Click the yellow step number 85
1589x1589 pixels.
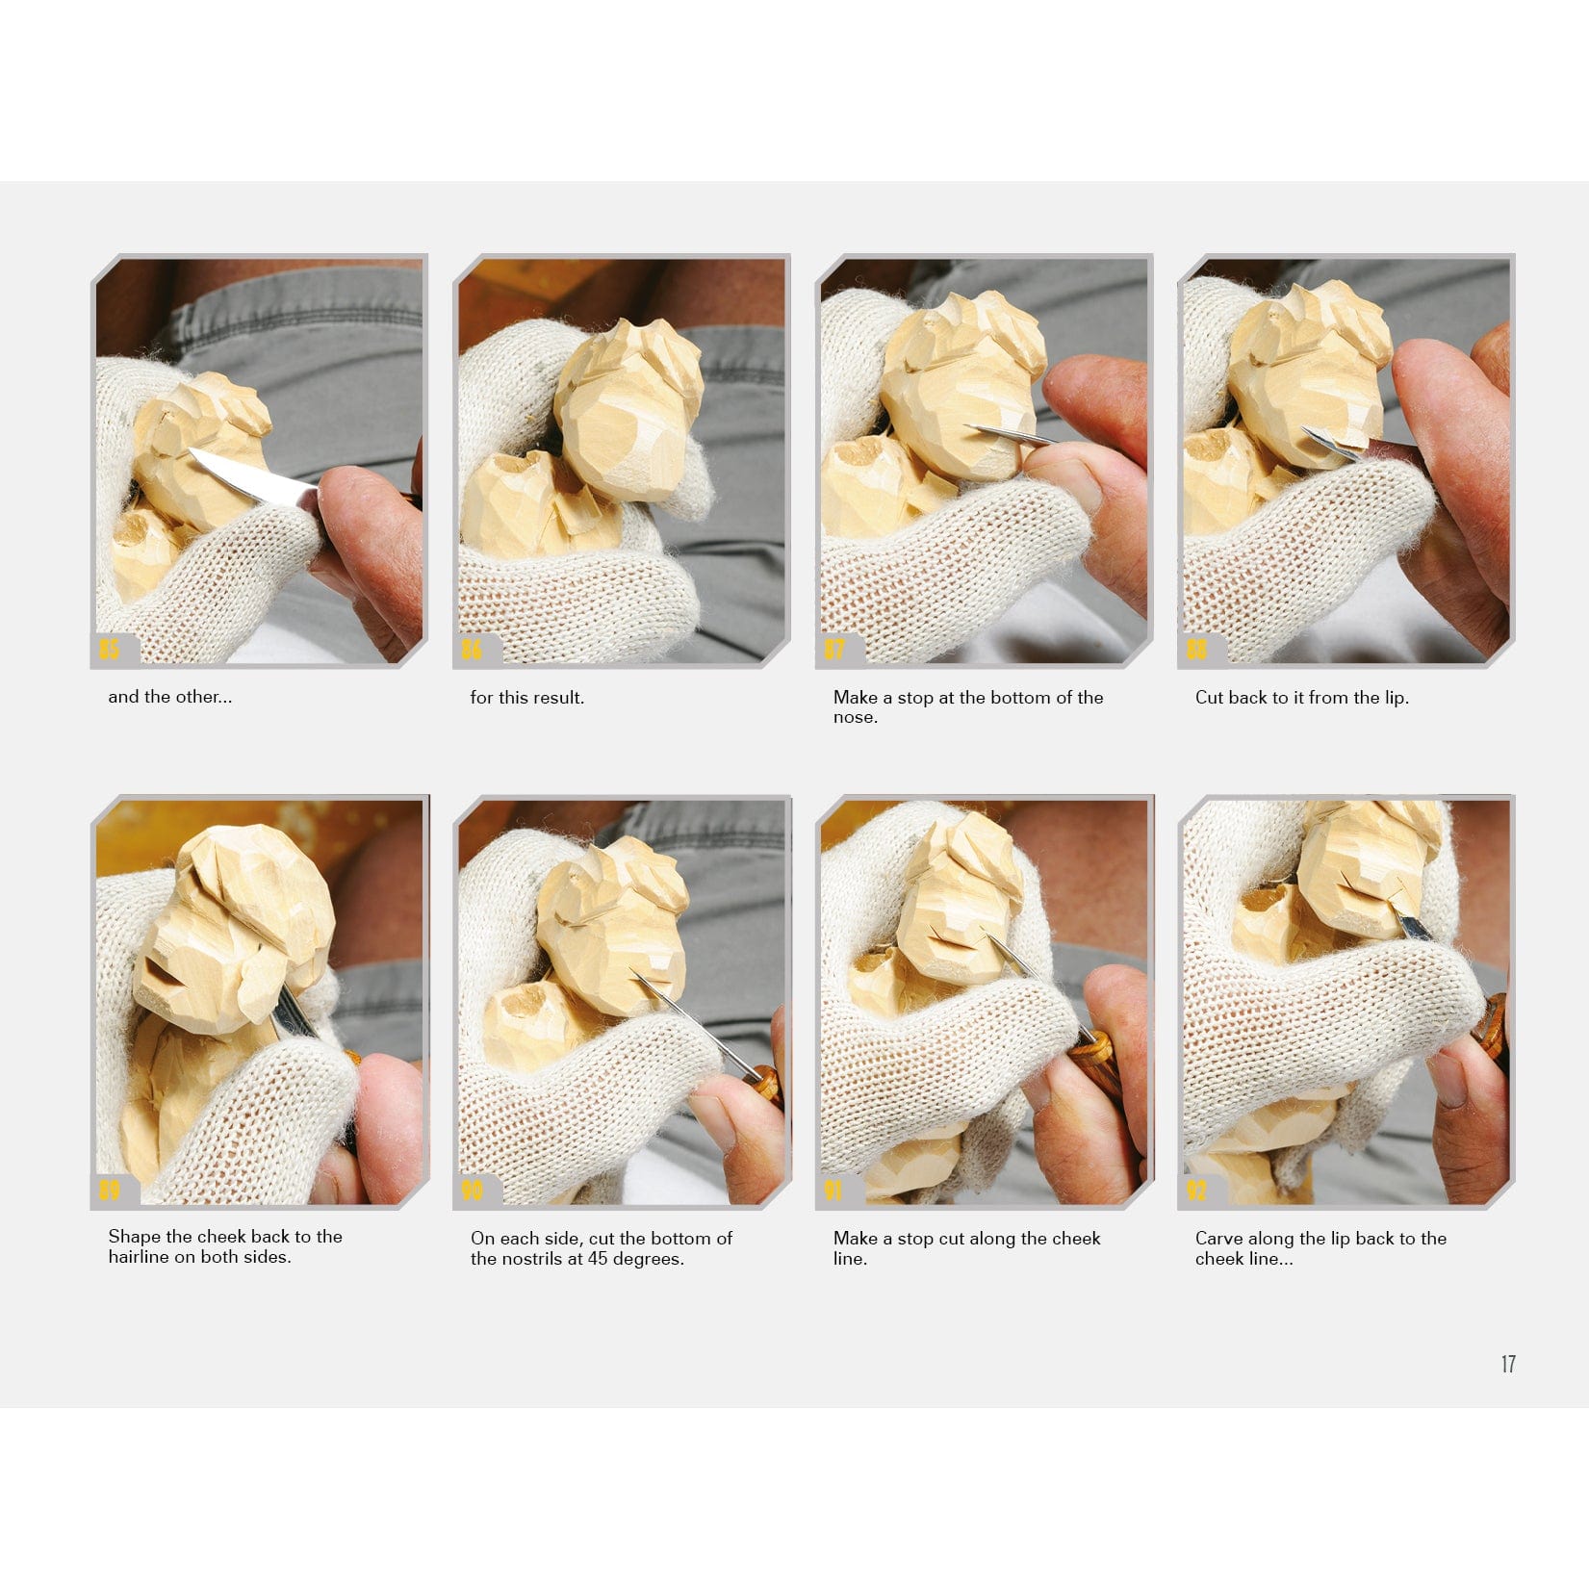pyautogui.click(x=109, y=649)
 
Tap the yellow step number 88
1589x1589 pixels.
pyautogui.click(x=1195, y=649)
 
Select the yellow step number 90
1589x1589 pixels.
pyautogui.click(x=472, y=1191)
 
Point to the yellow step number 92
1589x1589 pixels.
pyautogui.click(x=1195, y=1191)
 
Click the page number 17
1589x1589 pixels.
pyautogui.click(x=1508, y=1364)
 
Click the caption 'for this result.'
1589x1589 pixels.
pyautogui.click(x=526, y=697)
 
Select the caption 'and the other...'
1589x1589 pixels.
pyautogui.click(x=169, y=697)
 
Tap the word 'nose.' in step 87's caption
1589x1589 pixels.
pyautogui.click(x=856, y=717)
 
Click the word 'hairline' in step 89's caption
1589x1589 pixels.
pyautogui.click(x=139, y=1257)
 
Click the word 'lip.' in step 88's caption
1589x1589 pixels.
pyautogui.click(x=1395, y=698)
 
